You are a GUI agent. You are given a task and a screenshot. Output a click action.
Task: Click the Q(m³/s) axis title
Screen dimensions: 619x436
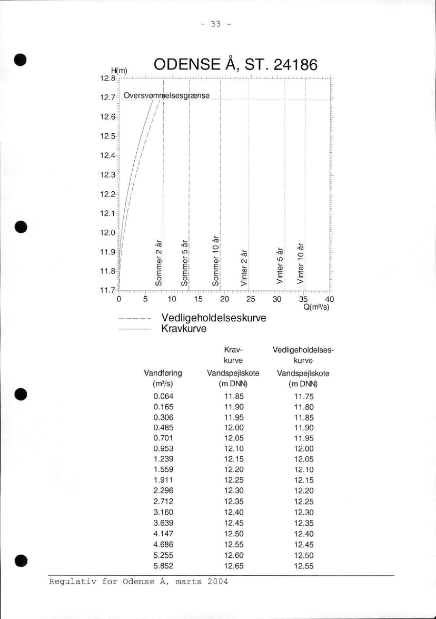[x=317, y=308]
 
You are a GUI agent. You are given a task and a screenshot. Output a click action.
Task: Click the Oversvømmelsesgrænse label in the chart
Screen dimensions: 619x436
[x=166, y=95]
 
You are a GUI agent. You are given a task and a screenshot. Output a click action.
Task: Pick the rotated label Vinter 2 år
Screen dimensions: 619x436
[x=243, y=268]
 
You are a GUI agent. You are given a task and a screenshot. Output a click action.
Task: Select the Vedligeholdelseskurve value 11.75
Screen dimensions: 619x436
[x=303, y=396]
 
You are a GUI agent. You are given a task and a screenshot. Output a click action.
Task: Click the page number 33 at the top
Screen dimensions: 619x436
[x=217, y=24]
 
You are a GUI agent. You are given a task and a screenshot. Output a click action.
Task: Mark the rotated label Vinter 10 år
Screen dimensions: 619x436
[x=301, y=263]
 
